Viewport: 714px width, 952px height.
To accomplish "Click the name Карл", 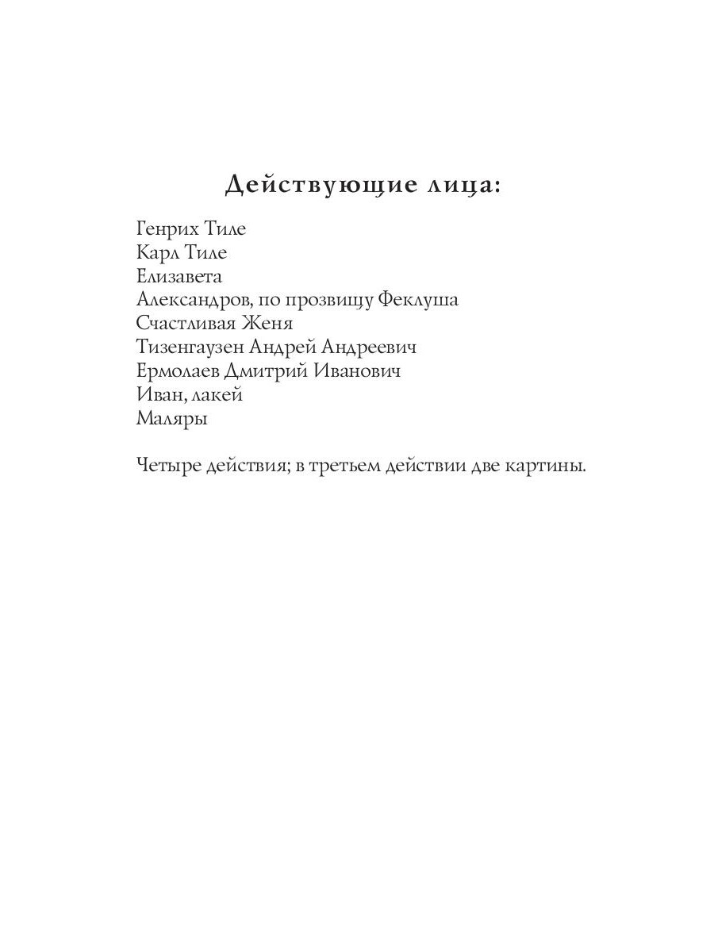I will (158, 253).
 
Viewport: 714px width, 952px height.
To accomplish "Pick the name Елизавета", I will (179, 277).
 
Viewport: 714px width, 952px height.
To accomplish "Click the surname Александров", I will (190, 300).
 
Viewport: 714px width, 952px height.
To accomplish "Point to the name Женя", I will (268, 324).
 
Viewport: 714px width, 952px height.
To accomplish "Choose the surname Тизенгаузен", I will (190, 348).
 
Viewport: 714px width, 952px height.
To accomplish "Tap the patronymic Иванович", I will (358, 371).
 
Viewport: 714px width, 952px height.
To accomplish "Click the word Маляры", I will (171, 419).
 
